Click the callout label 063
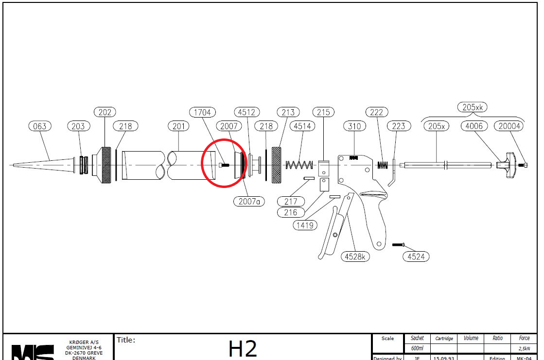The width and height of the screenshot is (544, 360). pyautogui.click(x=40, y=126)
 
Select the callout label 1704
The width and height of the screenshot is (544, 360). pyautogui.click(x=202, y=112)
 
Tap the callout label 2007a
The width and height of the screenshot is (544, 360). pyautogui.click(x=249, y=201)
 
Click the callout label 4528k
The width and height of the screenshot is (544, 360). pyautogui.click(x=355, y=257)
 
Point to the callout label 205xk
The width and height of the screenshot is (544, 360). pyautogui.click(x=472, y=107)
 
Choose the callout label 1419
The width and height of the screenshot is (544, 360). pyautogui.click(x=305, y=225)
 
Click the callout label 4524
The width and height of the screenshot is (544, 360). pyautogui.click(x=416, y=257)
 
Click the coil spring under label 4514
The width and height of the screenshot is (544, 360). pyautogui.click(x=299, y=165)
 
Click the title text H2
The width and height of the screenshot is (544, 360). pyautogui.click(x=243, y=348)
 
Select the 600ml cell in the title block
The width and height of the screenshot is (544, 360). pyautogui.click(x=417, y=348)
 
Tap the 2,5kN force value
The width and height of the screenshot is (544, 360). pyautogui.click(x=524, y=348)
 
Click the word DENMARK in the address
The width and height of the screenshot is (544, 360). pyautogui.click(x=84, y=358)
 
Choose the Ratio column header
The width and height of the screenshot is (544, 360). pyautogui.click(x=497, y=338)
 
